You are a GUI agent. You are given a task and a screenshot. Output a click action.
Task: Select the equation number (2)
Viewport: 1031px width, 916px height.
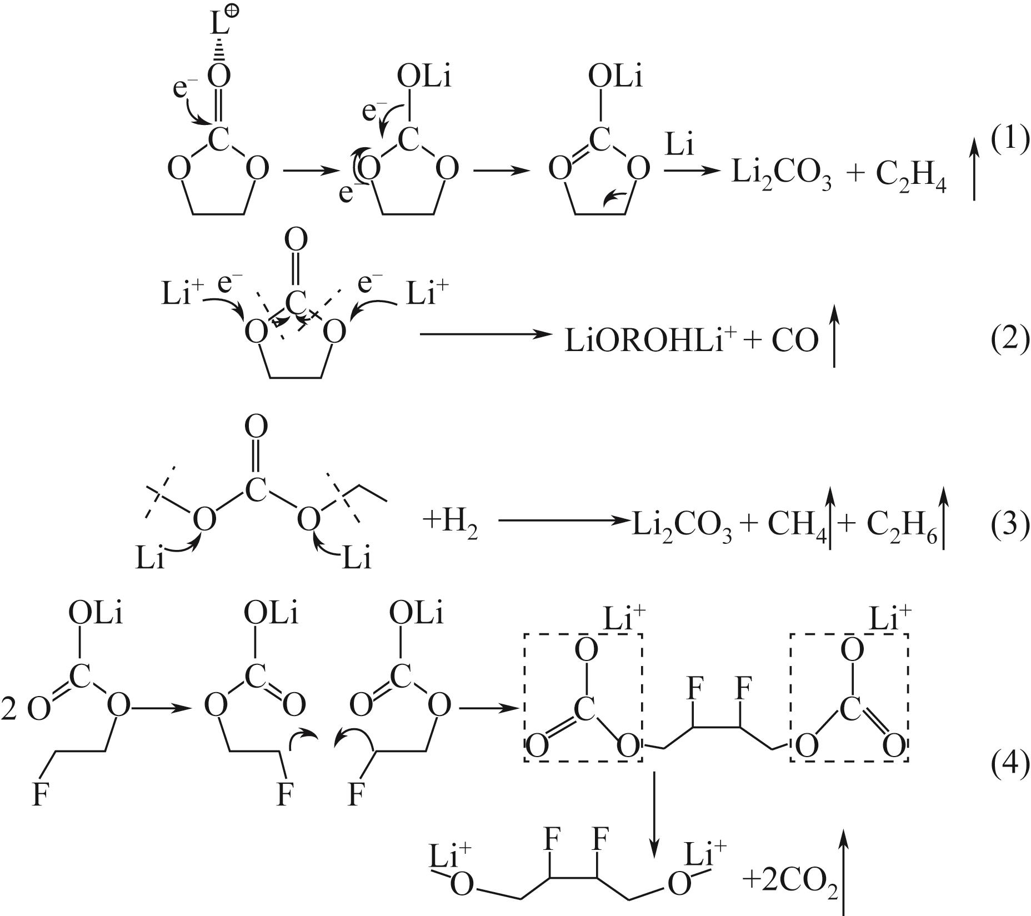click(x=1010, y=339)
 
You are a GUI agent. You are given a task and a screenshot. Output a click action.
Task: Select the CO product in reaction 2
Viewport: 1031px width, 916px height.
click(x=795, y=341)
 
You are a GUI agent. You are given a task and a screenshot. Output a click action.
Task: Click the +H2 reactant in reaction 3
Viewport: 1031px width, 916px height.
click(x=449, y=524)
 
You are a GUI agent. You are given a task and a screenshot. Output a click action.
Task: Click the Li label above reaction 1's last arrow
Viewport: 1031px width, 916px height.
click(x=680, y=146)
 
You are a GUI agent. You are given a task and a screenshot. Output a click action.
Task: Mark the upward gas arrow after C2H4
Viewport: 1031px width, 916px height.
click(x=974, y=169)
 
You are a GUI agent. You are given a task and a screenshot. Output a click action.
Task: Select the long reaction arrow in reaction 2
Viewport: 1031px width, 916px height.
click(x=487, y=334)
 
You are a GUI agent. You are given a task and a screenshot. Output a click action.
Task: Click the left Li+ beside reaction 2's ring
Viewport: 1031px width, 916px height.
click(x=180, y=293)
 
